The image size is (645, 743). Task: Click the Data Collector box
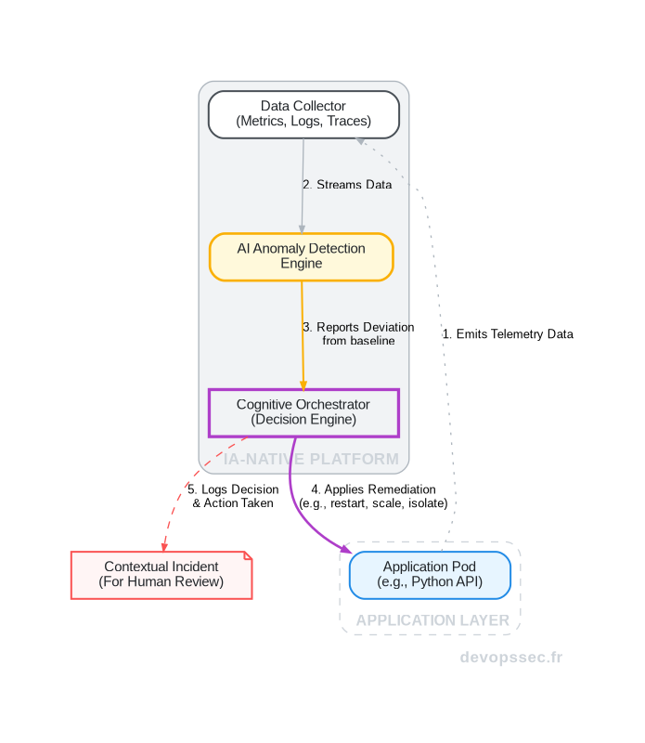pos(303,114)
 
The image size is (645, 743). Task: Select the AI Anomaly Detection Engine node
pos(302,256)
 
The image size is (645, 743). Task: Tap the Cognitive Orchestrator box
pos(303,412)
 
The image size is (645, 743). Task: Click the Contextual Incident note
pos(161,575)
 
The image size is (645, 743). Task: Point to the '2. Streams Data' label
pos(347,185)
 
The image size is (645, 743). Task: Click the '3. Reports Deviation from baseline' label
pos(358,334)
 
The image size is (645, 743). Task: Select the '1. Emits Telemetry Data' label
pos(508,334)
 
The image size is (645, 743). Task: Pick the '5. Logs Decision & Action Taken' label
pos(233,496)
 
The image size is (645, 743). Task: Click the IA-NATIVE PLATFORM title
pos(312,459)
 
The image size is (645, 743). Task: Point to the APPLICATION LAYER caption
pos(432,620)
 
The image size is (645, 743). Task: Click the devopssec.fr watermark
pos(511,658)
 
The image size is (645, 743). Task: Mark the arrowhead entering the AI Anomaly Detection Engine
pos(302,228)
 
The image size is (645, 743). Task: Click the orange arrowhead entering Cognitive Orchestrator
pos(303,384)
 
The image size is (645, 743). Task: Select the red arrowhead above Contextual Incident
pos(164,546)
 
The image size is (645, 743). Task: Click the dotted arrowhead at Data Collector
pos(360,140)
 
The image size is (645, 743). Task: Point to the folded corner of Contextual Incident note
pos(248,555)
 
